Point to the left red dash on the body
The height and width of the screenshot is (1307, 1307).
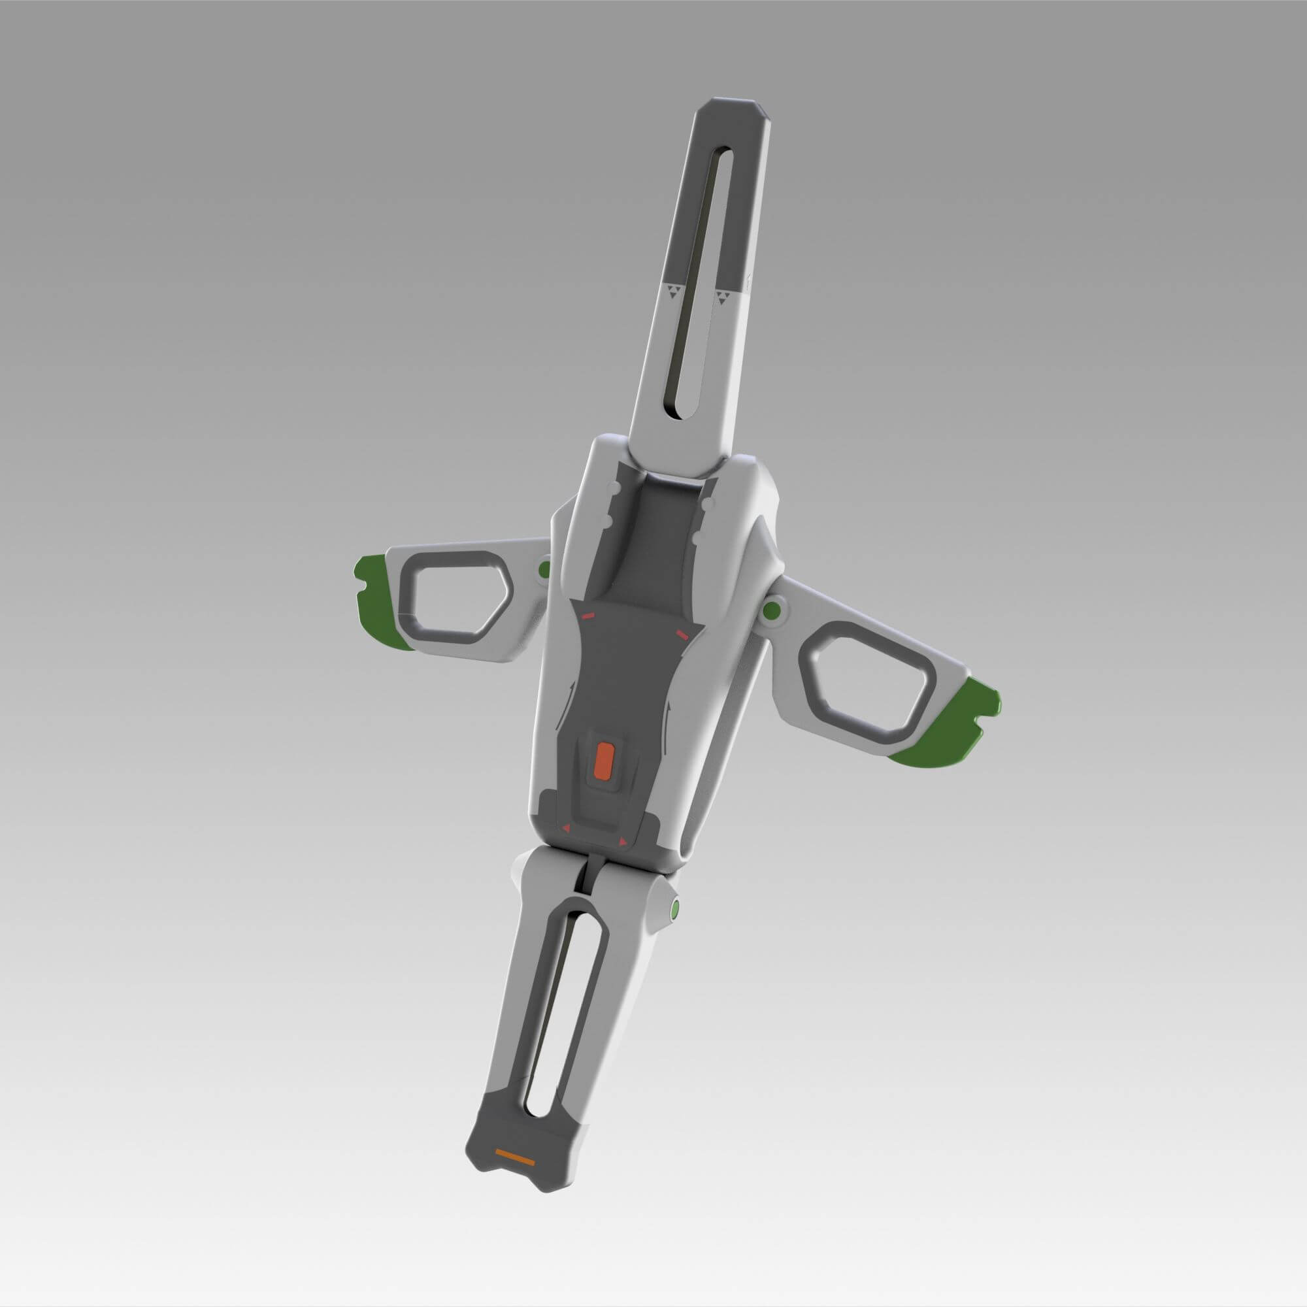tap(587, 615)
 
